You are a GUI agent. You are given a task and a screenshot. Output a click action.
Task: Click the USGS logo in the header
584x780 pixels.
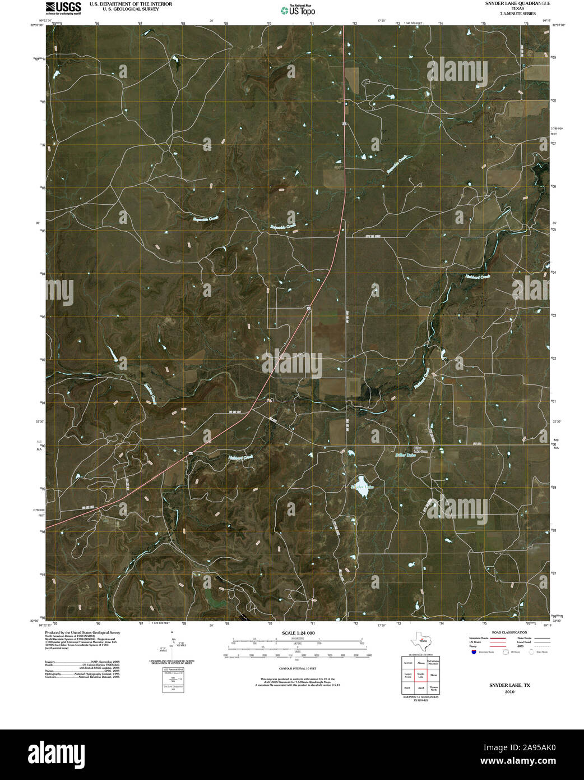coord(63,7)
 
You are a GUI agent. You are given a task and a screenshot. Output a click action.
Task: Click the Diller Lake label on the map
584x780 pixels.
coord(406,455)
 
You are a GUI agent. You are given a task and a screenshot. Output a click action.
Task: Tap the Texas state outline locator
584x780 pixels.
coord(420,640)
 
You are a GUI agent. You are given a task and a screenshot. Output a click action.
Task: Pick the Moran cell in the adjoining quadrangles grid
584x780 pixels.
coord(434,675)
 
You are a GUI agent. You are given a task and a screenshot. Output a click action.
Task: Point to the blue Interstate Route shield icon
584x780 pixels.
coord(474,653)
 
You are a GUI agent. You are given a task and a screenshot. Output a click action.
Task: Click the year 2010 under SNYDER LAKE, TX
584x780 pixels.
coord(509,692)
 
